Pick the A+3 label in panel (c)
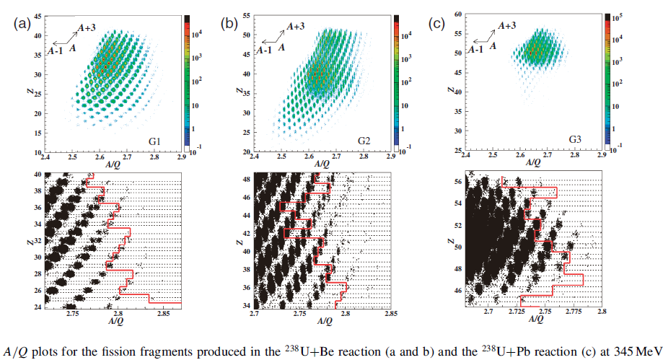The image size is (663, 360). [x=508, y=25]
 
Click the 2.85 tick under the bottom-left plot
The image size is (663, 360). [x=163, y=314]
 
